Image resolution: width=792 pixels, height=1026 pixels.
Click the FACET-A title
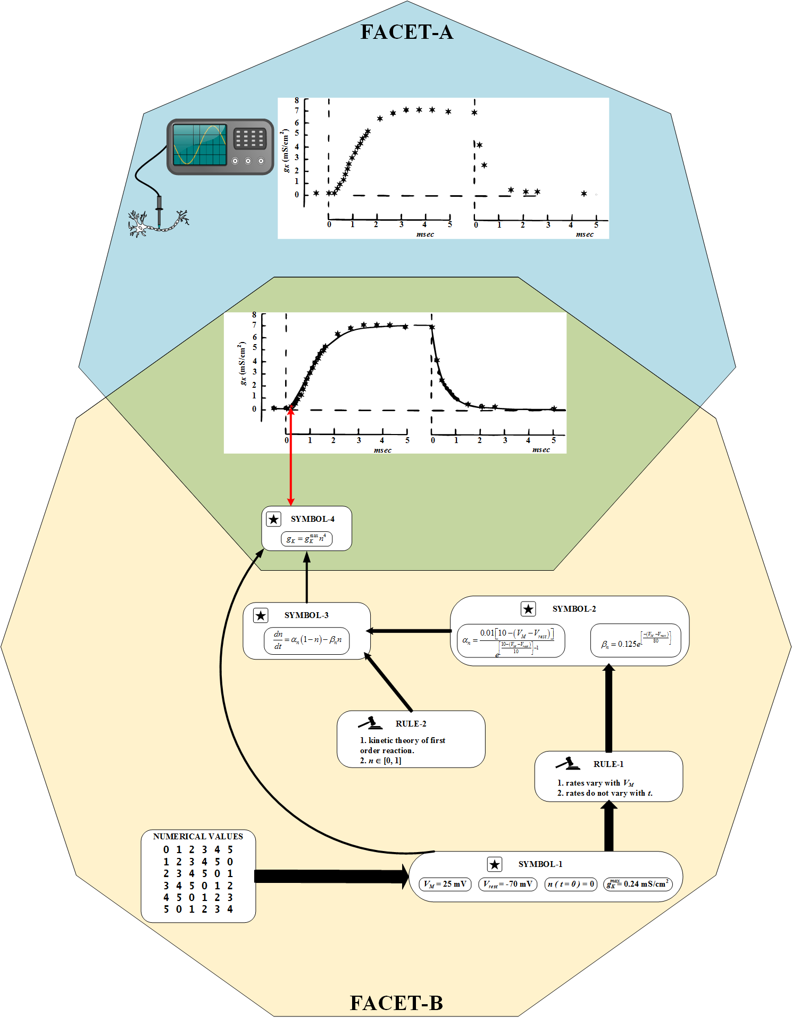tap(407, 32)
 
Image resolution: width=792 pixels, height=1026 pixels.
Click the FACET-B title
tap(396, 1003)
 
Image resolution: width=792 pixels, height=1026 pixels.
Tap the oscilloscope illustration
tap(220, 147)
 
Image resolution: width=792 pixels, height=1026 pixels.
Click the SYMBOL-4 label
tap(312, 519)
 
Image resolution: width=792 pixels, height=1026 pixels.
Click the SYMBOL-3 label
tap(306, 615)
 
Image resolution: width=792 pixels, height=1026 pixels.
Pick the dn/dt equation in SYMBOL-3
tap(307, 640)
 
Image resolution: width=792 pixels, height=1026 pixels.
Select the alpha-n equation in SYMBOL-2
tap(510, 641)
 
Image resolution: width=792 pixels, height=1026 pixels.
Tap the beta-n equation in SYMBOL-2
tap(636, 640)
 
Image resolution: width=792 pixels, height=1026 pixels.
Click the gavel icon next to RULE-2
tap(370, 723)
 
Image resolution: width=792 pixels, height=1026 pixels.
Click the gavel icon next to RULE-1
tap(568, 764)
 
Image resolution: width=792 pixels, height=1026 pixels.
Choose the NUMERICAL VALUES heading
tap(198, 836)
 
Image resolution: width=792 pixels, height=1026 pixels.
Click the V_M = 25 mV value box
tap(445, 884)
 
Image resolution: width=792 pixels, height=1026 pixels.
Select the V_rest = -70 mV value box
tap(507, 884)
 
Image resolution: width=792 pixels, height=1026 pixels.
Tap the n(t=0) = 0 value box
tap(571, 884)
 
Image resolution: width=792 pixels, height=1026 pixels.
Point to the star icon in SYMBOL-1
tap(495, 864)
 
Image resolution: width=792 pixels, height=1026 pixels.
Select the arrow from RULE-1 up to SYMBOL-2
tap(609, 707)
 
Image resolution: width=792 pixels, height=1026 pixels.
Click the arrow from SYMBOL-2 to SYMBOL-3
tap(410, 631)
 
